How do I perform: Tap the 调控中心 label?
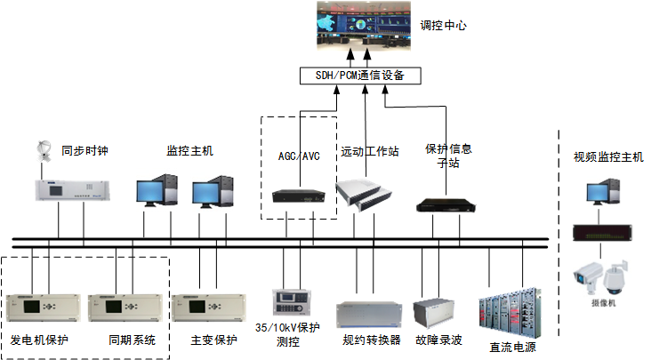point(442,27)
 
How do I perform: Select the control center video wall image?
point(365,25)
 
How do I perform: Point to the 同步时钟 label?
point(84,151)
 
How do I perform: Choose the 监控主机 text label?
point(189,151)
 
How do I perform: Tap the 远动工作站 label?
point(370,152)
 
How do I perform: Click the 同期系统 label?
point(132,340)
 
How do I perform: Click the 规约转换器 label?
point(372,340)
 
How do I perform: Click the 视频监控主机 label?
point(608,157)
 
